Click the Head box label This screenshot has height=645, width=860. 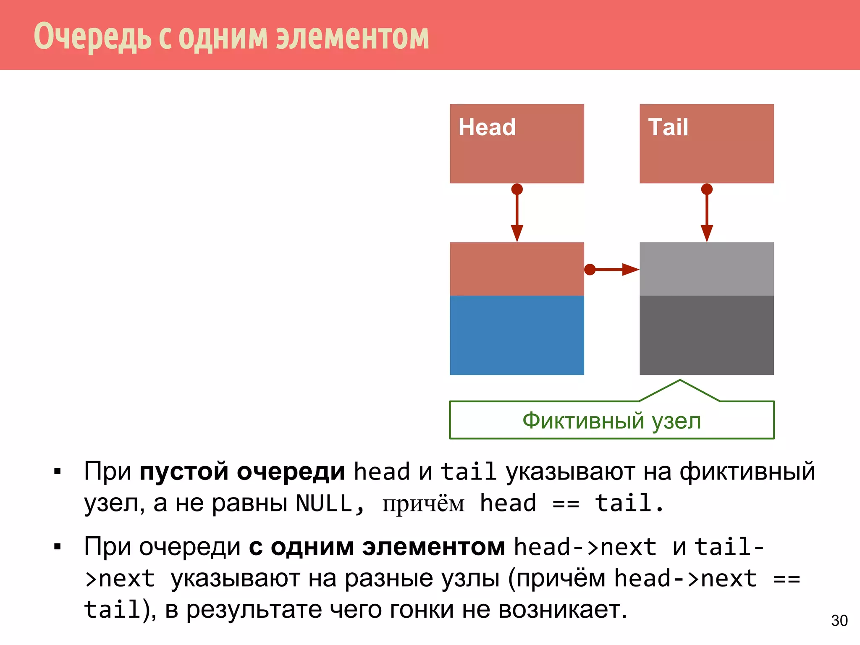[x=487, y=127]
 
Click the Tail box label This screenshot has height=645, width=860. [x=668, y=127]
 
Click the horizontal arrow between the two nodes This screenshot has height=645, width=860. [x=613, y=269]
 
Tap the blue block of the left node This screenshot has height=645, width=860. [x=517, y=335]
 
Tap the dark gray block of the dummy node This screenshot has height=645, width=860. [x=707, y=335]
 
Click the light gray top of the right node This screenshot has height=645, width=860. [x=707, y=269]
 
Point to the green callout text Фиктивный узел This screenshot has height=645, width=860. [x=612, y=421]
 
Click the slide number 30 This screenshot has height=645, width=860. [x=839, y=621]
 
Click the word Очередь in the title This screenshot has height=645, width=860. [x=92, y=37]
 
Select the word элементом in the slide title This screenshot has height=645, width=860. [x=352, y=37]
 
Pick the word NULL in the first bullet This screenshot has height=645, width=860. [x=324, y=503]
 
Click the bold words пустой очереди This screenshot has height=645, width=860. [x=242, y=471]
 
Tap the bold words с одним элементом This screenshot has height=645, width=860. [x=377, y=547]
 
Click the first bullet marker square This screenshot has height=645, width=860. [x=58, y=472]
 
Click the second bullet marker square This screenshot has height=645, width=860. [x=58, y=547]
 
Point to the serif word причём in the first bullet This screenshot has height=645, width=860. [x=423, y=504]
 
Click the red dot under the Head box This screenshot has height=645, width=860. [x=517, y=189]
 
